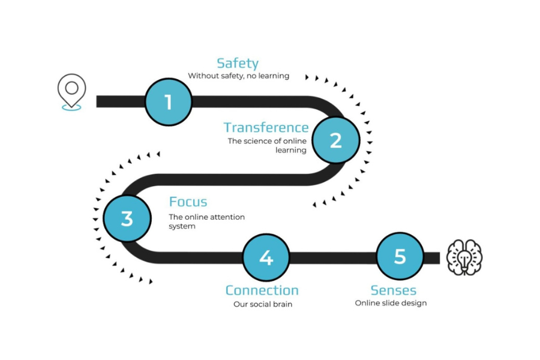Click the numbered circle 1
pos(168,102)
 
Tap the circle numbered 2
pos(335,140)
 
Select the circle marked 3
pos(127,218)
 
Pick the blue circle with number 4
pos(266,257)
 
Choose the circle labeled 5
pos(400,257)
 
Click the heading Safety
pos(238,63)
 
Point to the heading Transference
pos(266,127)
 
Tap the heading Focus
pos(188,202)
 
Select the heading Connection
pos(262,290)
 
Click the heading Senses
pos(393,290)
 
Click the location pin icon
pos(71,92)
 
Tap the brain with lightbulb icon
pos(465,257)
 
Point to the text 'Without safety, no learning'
pos(238,76)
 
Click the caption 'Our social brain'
pos(262,304)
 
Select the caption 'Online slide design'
pos(391,303)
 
